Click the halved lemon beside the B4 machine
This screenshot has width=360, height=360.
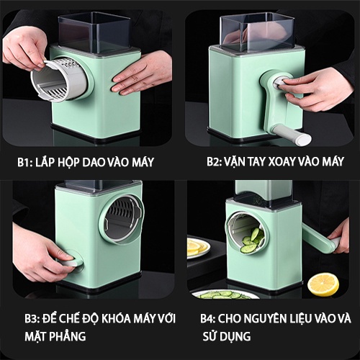323,284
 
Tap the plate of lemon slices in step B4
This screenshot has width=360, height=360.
199,247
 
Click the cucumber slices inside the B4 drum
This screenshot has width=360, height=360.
253,240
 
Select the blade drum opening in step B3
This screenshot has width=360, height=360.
123,219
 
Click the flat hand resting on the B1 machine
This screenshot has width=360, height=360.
141,73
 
